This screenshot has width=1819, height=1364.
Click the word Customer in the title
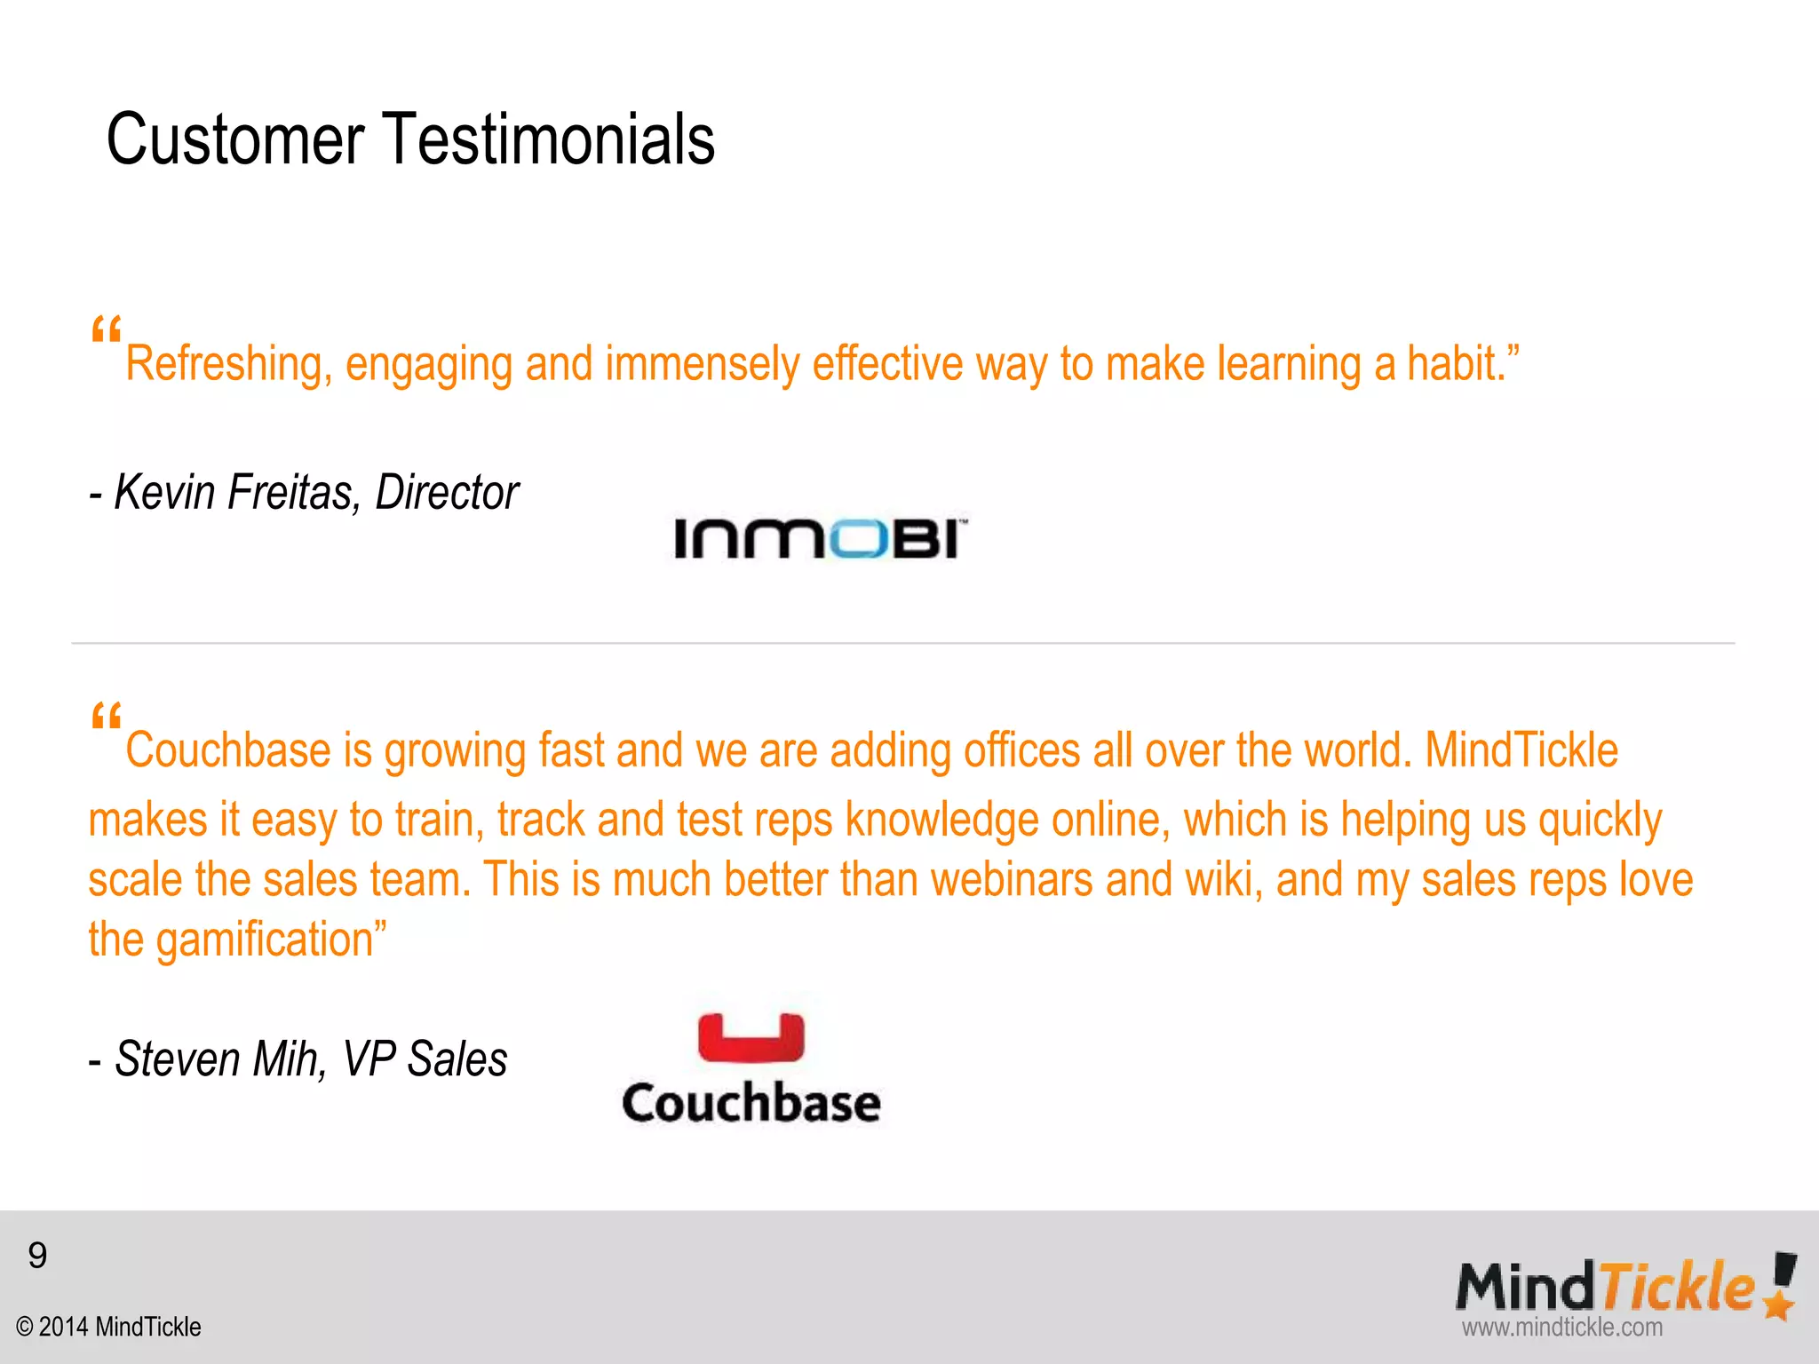click(x=235, y=139)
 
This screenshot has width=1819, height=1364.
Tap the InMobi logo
click(x=820, y=538)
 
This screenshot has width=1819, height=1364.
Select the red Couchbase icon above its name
click(x=751, y=1037)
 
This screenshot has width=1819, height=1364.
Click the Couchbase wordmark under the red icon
click(x=751, y=1103)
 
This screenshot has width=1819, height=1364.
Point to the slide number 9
click(x=37, y=1256)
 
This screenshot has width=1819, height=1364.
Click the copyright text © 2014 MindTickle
click(x=108, y=1327)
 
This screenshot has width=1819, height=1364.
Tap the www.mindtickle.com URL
click(x=1562, y=1328)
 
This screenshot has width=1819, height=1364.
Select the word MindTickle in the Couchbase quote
click(x=1521, y=750)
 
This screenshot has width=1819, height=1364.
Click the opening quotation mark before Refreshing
click(x=106, y=330)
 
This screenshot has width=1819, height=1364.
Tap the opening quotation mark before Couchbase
click(x=106, y=717)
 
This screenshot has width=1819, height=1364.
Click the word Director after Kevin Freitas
click(x=447, y=492)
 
